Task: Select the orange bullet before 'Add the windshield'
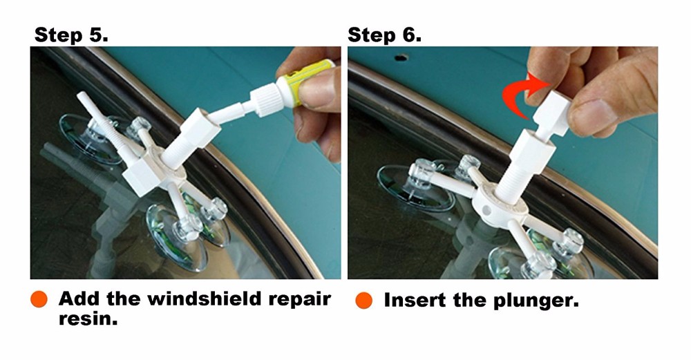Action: coord(39,300)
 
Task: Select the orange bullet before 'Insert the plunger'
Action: coord(364,301)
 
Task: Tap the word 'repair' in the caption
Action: coord(298,299)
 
